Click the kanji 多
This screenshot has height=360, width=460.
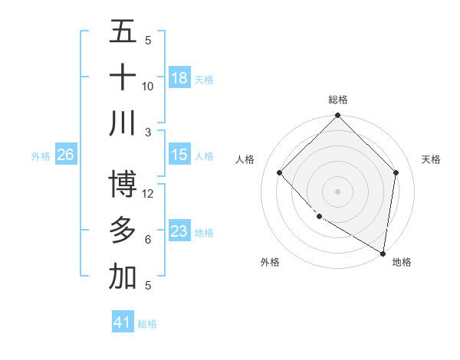123,231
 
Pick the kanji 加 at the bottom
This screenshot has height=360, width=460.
123,277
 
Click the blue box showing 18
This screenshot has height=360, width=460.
179,77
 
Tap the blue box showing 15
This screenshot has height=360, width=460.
179,155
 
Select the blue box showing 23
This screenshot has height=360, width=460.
179,231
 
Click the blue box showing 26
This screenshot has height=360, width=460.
65,155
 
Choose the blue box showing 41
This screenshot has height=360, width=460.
123,322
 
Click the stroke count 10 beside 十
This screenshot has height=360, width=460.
148,86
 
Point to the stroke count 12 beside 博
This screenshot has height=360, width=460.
148,193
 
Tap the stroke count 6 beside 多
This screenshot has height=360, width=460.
148,240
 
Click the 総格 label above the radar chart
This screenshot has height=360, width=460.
338,100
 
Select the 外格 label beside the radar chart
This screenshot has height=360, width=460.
270,262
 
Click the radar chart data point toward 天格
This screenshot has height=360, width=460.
396,172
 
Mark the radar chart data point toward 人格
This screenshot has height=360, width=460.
280,172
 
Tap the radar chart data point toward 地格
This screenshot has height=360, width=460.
383,253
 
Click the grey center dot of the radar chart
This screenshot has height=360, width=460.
338,191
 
